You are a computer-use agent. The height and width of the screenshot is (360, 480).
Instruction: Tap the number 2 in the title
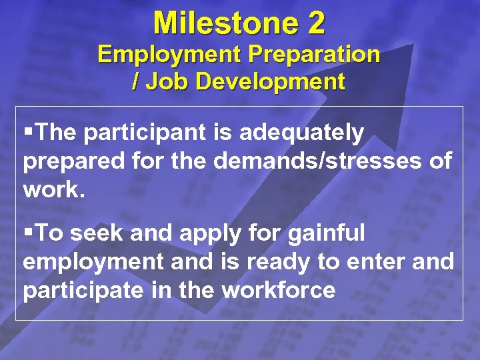point(316,23)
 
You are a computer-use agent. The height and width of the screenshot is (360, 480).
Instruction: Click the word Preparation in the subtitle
point(310,54)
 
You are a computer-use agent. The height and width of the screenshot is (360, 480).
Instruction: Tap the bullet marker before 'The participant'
point(27,133)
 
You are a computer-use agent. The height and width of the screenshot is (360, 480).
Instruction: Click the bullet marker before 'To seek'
point(27,233)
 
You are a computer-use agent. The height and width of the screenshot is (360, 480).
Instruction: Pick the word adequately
point(301,133)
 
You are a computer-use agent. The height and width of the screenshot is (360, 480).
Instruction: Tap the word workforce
point(278,291)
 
